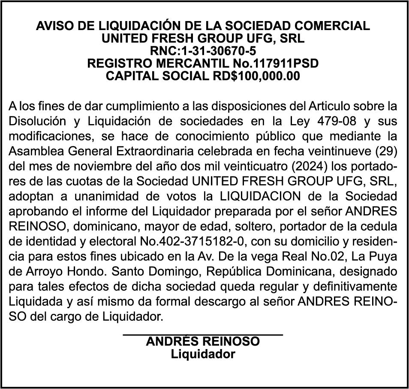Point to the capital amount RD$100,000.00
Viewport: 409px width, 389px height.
click(x=256, y=76)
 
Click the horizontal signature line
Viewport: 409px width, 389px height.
click(x=203, y=334)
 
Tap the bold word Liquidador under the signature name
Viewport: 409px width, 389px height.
click(x=203, y=354)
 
